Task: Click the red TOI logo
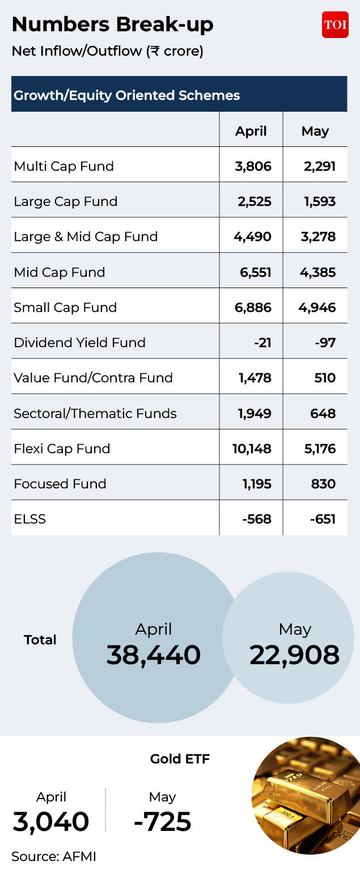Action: [x=335, y=24]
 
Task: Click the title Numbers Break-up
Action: [x=112, y=25]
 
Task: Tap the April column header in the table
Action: [x=251, y=130]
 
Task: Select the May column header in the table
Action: [x=315, y=130]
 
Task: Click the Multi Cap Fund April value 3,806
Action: [x=253, y=166]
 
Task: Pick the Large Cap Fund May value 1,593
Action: [x=320, y=201]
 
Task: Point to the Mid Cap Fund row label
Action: [x=60, y=272]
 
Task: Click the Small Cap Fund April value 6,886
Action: [x=253, y=307]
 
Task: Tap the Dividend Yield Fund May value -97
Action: [x=325, y=343]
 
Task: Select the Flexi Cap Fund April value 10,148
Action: [x=252, y=449]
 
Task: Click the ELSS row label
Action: [x=29, y=519]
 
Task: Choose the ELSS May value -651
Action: [x=323, y=519]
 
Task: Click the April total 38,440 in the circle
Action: [x=153, y=654]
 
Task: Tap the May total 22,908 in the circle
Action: [x=294, y=654]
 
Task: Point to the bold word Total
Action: [x=40, y=640]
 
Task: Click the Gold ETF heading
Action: [x=180, y=758]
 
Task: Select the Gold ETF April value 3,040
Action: [x=50, y=821]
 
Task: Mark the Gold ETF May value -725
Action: [x=162, y=821]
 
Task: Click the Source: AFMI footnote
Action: [x=54, y=856]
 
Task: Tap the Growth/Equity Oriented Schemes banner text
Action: [x=127, y=95]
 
